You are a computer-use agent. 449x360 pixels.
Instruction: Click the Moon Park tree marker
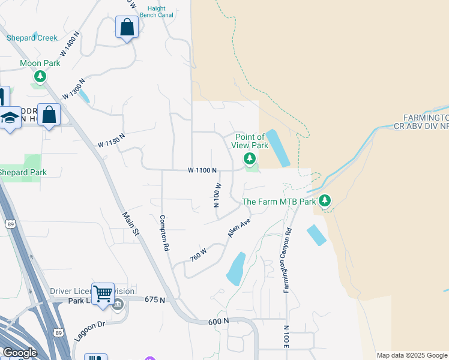[x=40, y=76]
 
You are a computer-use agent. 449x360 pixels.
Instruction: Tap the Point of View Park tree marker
[x=249, y=158]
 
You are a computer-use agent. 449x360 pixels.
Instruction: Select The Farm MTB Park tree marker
[x=325, y=200]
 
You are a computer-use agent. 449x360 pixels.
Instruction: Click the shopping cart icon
[x=103, y=293]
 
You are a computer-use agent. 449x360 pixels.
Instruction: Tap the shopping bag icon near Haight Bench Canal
[x=127, y=27]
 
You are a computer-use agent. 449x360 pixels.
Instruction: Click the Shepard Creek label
[x=32, y=38]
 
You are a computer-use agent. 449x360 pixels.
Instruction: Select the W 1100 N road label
[x=202, y=170]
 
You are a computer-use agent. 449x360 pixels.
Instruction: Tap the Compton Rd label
[x=163, y=233]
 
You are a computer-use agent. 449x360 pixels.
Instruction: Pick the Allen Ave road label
[x=238, y=228]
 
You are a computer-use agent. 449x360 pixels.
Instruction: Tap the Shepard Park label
[x=23, y=173]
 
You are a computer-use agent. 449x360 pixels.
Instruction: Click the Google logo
[x=20, y=352]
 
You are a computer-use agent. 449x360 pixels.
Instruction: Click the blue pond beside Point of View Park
[x=277, y=148]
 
